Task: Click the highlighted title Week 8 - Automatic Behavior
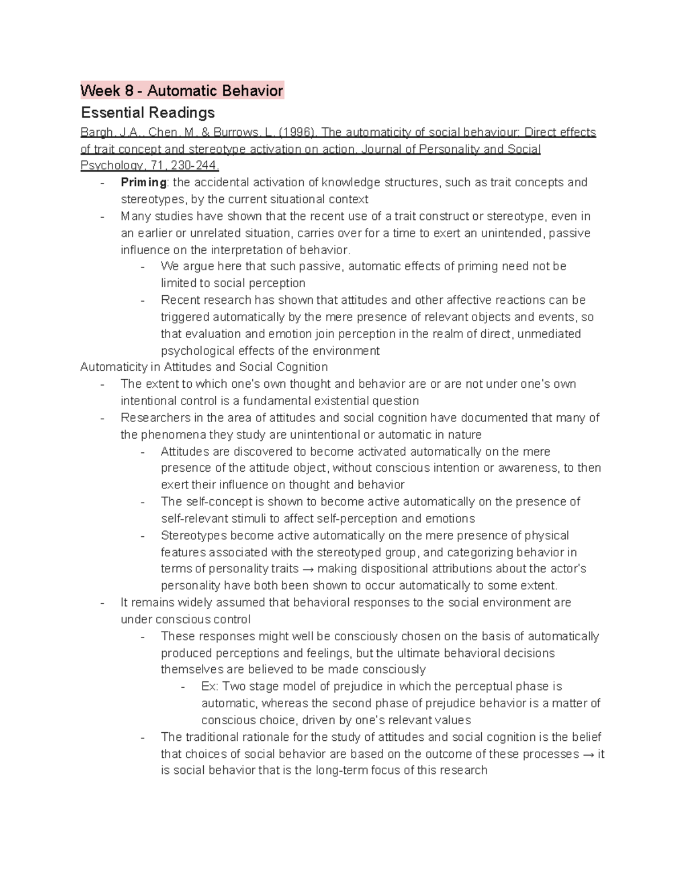[182, 90]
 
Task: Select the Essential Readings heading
[147, 112]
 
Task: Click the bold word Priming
[143, 182]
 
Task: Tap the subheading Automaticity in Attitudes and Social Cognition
[204, 367]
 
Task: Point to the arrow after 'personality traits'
[308, 569]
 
